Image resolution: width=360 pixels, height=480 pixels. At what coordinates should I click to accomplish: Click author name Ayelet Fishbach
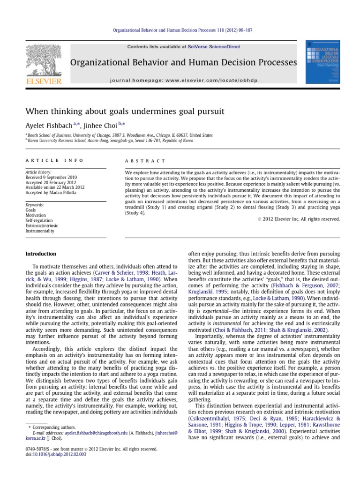click(x=48, y=126)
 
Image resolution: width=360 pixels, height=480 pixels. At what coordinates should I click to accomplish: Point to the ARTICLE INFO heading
click(x=54, y=160)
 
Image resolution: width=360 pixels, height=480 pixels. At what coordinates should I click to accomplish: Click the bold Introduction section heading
click(x=41, y=254)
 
